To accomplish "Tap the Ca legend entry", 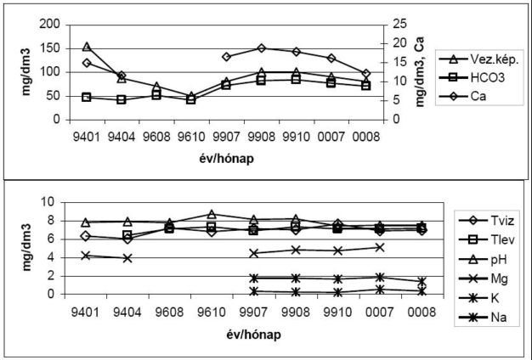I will [x=477, y=95].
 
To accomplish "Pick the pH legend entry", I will [x=479, y=257].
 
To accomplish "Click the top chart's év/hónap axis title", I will [x=226, y=158].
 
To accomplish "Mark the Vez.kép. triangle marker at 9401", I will [x=87, y=47].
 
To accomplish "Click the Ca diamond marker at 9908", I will [x=261, y=48].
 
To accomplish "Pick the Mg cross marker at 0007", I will [x=379, y=247].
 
